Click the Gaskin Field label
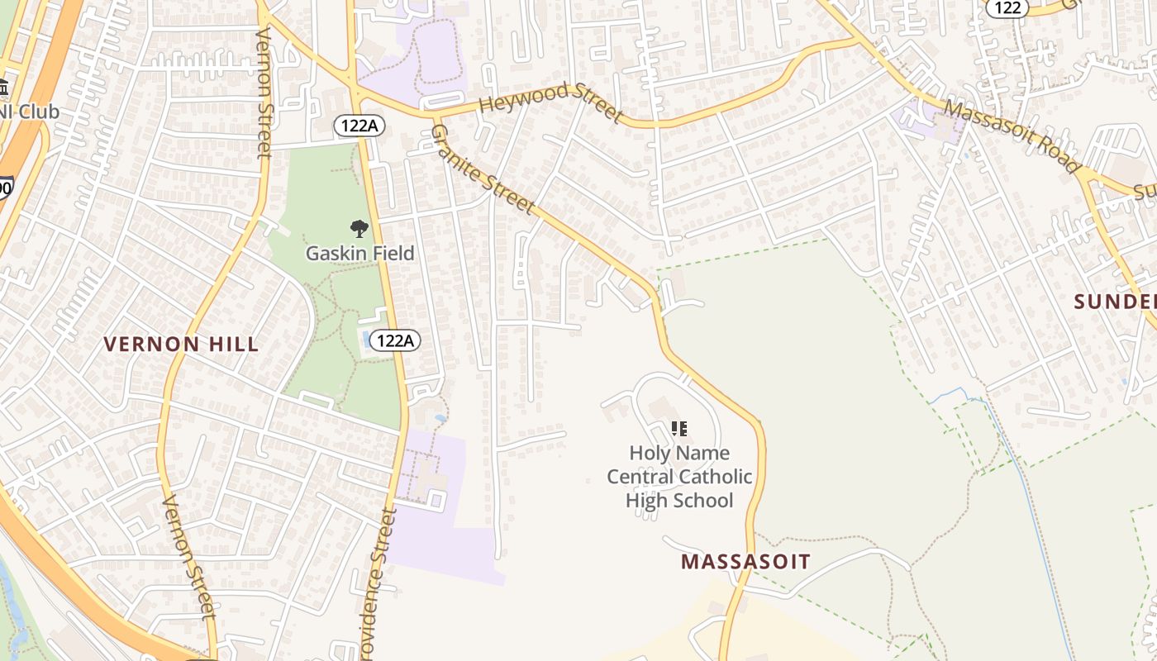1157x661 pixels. (x=359, y=253)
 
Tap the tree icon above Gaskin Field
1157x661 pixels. (x=359, y=229)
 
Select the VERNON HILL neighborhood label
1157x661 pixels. (x=181, y=344)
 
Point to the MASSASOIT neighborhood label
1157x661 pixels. (x=745, y=562)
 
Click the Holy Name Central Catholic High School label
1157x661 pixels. (x=679, y=477)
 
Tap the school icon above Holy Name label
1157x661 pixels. (x=679, y=429)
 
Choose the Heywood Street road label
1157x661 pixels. (x=550, y=102)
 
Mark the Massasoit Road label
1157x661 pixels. (x=1012, y=136)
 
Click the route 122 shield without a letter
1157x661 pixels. (x=1007, y=7)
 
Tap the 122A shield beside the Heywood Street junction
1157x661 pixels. (x=359, y=126)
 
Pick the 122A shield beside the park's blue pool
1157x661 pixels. (x=395, y=340)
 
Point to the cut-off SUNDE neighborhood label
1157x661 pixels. (x=1116, y=302)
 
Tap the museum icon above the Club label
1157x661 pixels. (x=3, y=87)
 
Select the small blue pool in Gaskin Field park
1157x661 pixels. (x=366, y=339)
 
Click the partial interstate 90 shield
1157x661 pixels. (x=4, y=188)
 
